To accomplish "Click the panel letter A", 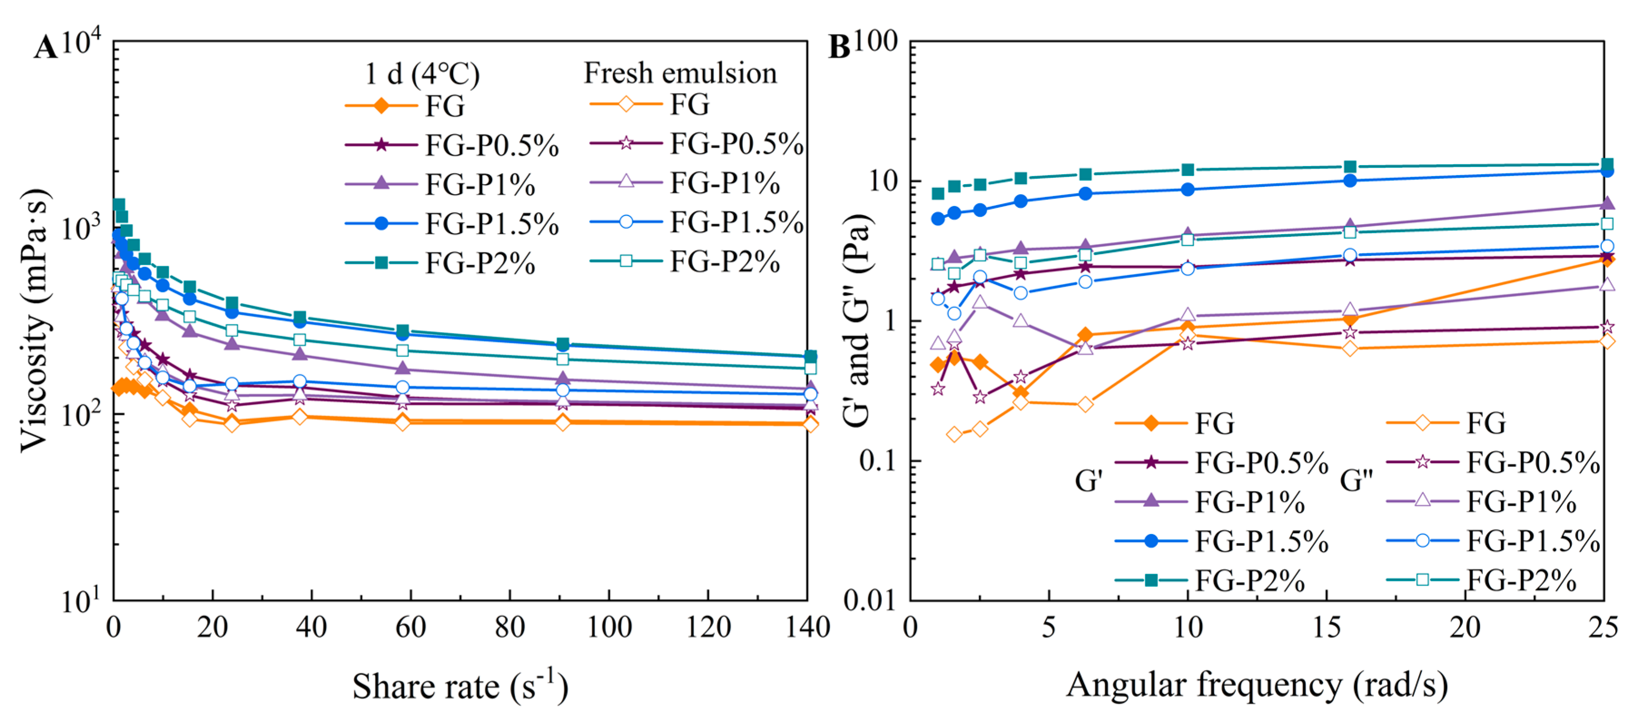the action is click(x=46, y=48).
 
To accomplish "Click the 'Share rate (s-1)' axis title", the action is click(x=460, y=685).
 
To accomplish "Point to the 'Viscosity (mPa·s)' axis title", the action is click(x=35, y=320).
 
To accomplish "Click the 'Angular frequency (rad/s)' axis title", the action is click(x=1257, y=685).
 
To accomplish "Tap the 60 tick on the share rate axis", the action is click(x=410, y=627).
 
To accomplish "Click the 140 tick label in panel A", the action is click(x=807, y=627).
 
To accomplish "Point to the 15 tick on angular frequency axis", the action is click(x=1326, y=627).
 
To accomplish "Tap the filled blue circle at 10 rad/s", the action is click(x=1187, y=190).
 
